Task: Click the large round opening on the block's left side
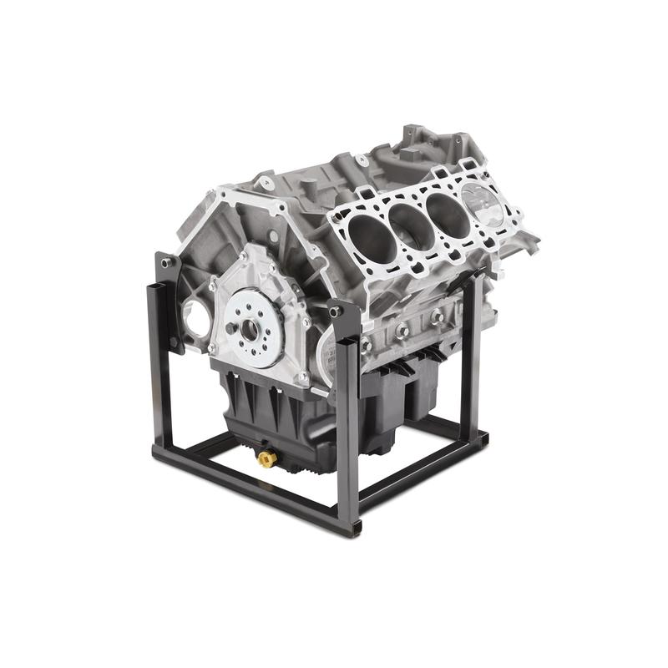pyautogui.click(x=194, y=316)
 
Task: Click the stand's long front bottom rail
pyautogui.click(x=250, y=484)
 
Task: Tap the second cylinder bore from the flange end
pyautogui.click(x=409, y=221)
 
